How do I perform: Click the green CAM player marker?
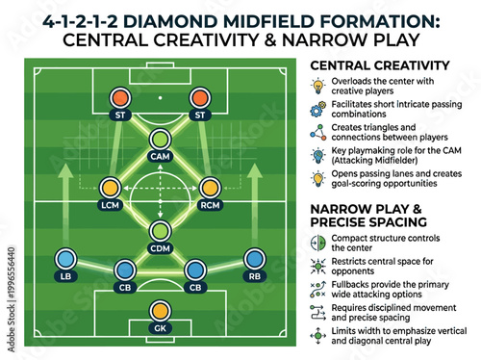click(x=160, y=139)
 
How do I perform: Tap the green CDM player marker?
click(x=160, y=232)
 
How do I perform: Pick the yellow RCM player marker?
click(x=210, y=187)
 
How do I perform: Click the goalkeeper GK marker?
click(x=160, y=310)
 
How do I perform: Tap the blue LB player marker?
click(x=66, y=259)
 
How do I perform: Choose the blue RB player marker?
click(x=254, y=259)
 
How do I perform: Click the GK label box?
click(x=160, y=327)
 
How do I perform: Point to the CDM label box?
click(x=160, y=249)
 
